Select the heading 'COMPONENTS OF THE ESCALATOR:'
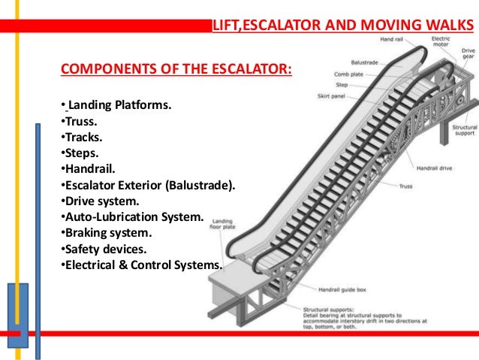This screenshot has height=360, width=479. click(176, 71)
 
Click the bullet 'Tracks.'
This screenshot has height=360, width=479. click(78, 137)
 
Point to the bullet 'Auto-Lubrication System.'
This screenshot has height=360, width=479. click(131, 217)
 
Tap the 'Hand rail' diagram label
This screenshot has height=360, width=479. click(393, 38)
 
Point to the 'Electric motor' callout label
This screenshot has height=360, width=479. click(441, 41)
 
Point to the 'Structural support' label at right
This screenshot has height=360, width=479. click(464, 132)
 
